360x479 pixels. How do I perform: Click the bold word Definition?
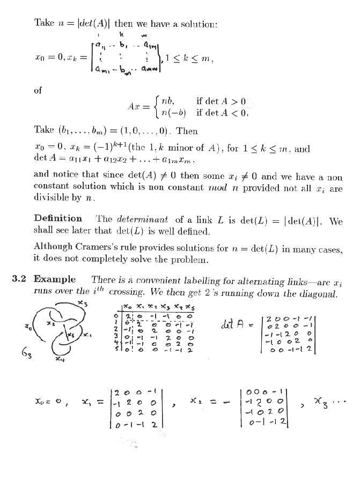tap(58, 219)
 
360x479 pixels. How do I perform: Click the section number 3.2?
tap(20, 279)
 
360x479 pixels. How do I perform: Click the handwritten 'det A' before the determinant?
tap(233, 324)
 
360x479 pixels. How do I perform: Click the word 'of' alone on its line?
tap(38, 91)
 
